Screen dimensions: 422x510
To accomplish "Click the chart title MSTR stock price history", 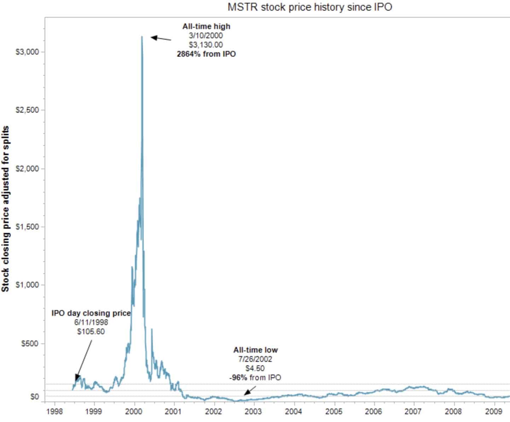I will click(x=309, y=7).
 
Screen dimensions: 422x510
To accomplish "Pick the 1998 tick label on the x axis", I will click(x=54, y=411).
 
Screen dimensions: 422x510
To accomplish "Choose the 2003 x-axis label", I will click(x=254, y=411).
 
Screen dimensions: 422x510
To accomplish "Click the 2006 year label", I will click(x=373, y=411).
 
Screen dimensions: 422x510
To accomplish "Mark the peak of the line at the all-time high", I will click(x=142, y=36).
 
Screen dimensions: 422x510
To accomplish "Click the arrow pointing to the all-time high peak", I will click(x=161, y=38).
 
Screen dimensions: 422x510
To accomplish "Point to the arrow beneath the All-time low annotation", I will click(x=250, y=390).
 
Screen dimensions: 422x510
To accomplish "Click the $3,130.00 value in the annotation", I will click(x=206, y=45).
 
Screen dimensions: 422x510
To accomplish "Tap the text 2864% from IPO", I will click(x=206, y=54).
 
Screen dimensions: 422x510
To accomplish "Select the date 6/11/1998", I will click(x=91, y=322).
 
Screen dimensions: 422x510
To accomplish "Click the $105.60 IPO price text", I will click(x=91, y=331).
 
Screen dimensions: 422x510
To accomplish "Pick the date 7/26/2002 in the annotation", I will click(x=255, y=359).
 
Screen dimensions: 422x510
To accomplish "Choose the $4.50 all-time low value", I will click(x=255, y=368).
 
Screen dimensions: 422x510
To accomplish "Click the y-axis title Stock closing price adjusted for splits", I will click(x=5, y=209).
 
